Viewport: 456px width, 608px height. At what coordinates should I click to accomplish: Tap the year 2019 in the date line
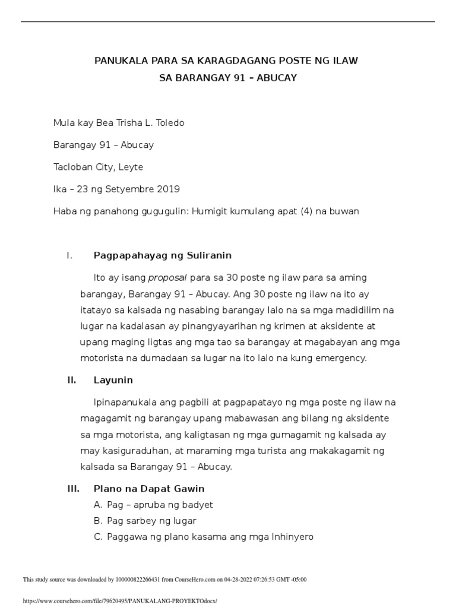coord(169,189)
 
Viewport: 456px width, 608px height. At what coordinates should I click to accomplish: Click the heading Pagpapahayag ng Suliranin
coord(162,255)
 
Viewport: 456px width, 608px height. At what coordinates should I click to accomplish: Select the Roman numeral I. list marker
coord(69,255)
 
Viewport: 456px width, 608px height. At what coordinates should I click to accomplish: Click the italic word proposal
coord(167,277)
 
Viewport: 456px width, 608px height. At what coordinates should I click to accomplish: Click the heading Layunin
coord(113,379)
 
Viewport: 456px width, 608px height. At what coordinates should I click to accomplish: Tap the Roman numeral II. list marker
coord(72,379)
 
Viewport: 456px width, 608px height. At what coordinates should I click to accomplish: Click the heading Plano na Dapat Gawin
coord(148,489)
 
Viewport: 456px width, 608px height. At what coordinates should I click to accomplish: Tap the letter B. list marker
coord(98,521)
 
